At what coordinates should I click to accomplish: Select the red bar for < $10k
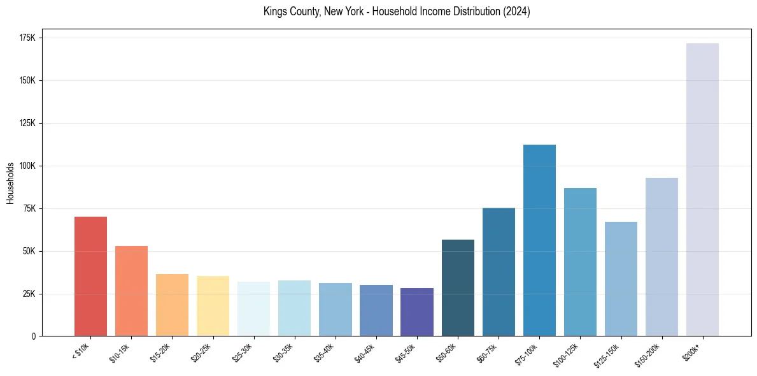point(90,276)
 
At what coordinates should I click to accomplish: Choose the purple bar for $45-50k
point(417,312)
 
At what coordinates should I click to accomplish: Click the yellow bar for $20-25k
point(213,306)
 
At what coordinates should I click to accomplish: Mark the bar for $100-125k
point(580,262)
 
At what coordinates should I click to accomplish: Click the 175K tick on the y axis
point(28,38)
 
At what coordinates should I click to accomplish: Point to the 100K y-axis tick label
point(28,166)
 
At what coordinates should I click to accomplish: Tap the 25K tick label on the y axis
point(30,294)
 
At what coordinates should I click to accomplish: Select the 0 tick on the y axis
point(34,336)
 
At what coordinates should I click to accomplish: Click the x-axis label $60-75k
point(488,352)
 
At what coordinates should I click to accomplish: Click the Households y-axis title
point(11,183)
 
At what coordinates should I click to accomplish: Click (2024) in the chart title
point(518,11)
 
